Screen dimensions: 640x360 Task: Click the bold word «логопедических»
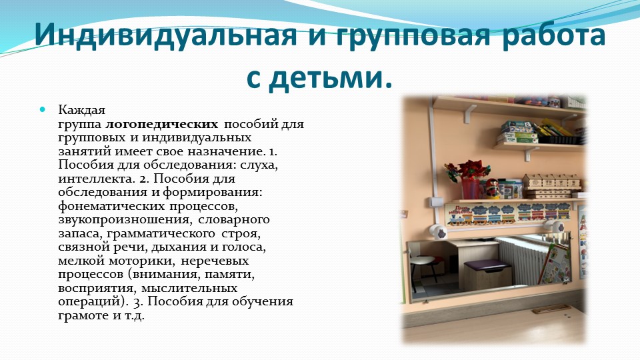[x=161, y=124]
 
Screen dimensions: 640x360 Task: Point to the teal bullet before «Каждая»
[x=43, y=109]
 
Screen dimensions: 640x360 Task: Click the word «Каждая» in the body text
[x=81, y=110]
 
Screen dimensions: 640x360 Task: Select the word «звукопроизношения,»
[x=124, y=219]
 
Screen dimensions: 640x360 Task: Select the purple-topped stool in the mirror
[x=488, y=274]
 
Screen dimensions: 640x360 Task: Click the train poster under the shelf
[x=507, y=214]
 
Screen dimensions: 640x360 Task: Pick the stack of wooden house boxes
[x=551, y=186]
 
